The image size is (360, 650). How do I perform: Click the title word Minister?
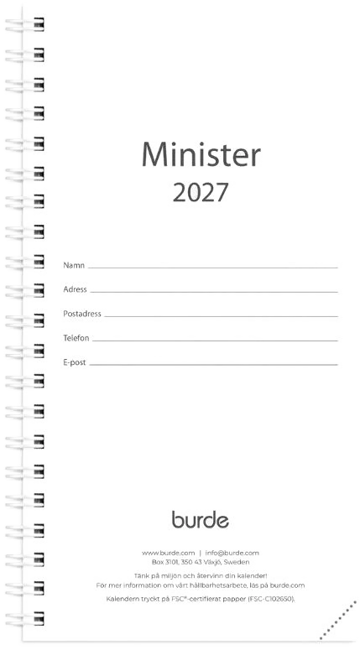coord(201,154)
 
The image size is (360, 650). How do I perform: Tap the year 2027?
coord(201,192)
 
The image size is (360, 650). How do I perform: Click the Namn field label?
coord(74,265)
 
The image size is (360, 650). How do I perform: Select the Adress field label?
coord(75,289)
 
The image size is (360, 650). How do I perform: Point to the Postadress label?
coord(82,314)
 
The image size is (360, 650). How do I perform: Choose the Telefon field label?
coord(76,338)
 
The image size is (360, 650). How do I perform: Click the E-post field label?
coord(75,362)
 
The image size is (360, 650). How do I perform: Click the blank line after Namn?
coord(213,268)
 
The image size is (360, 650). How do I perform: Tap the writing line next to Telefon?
coord(215,341)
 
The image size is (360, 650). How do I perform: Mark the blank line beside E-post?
coord(214,365)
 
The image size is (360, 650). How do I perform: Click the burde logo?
coord(201,519)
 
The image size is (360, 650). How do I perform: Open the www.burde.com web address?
coord(168,553)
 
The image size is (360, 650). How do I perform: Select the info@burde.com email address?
coord(232,553)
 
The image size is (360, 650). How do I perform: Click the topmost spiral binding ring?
coord(25,23)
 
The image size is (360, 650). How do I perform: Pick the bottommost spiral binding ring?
coord(25,618)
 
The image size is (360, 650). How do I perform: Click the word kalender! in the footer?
coord(253,576)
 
